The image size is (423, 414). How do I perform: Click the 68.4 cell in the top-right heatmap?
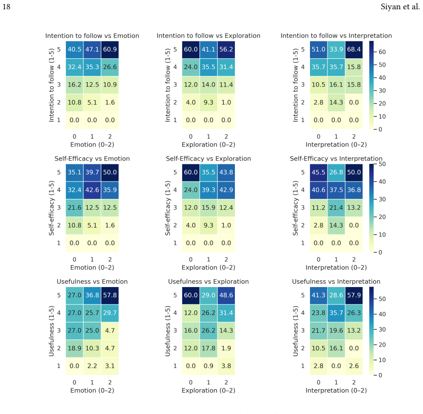(x=354, y=50)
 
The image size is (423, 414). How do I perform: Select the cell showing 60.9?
(x=110, y=50)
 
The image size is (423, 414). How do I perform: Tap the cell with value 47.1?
(x=92, y=50)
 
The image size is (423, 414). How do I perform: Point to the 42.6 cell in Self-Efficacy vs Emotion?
(x=92, y=190)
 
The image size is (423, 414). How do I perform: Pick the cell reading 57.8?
(x=110, y=295)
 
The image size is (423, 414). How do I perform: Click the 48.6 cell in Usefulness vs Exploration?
(x=226, y=295)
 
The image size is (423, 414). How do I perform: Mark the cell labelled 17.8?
(x=209, y=348)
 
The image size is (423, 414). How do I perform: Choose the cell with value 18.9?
(x=75, y=348)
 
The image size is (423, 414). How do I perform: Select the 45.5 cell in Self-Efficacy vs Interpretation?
(x=318, y=172)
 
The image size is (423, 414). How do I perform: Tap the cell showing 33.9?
(x=336, y=50)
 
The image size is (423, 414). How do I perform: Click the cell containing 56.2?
(x=226, y=50)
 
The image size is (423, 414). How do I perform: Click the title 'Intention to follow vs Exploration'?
(x=209, y=36)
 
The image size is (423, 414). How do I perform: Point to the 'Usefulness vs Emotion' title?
(x=92, y=282)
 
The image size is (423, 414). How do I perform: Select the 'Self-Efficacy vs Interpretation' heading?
(x=336, y=159)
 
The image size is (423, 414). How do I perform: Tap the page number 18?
(x=6, y=6)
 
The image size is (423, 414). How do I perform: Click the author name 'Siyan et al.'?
(x=400, y=6)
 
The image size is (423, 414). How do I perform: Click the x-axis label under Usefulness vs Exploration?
(x=209, y=391)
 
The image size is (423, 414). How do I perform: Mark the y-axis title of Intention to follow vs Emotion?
(x=52, y=85)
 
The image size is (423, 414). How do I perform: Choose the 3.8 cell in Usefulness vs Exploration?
(x=226, y=366)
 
